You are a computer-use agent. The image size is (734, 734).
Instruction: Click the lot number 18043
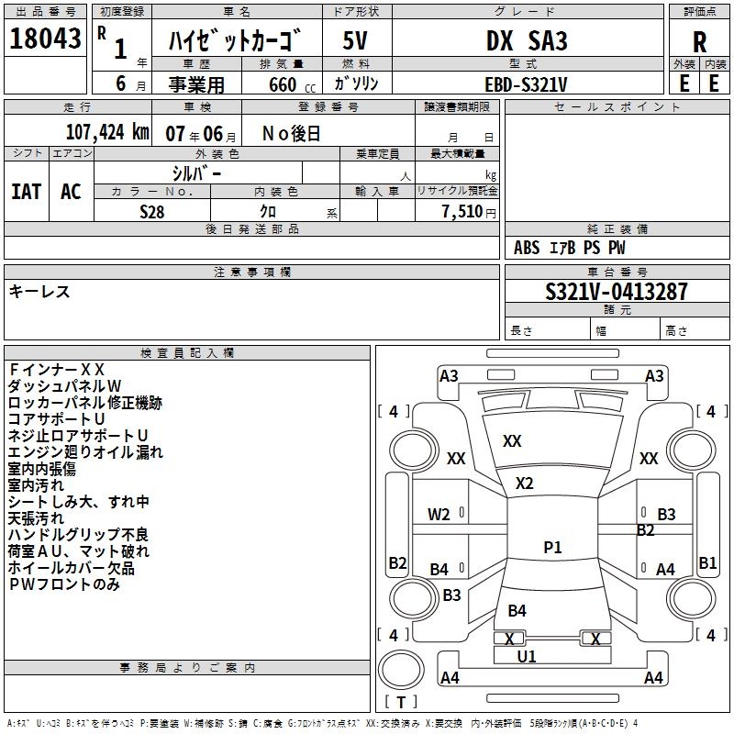point(45,39)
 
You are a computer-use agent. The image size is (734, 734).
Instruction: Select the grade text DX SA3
point(527,41)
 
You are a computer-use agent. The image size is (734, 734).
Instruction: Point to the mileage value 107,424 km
point(107,132)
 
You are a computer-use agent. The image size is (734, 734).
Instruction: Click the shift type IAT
point(26,191)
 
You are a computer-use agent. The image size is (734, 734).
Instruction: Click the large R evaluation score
point(699,41)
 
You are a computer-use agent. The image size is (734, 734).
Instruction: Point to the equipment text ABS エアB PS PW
point(569,248)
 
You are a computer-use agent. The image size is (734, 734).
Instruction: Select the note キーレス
point(39,292)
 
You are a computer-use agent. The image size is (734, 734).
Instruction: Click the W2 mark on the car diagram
point(439,514)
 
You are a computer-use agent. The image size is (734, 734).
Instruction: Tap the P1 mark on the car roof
point(552,548)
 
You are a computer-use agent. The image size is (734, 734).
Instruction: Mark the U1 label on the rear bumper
point(527,657)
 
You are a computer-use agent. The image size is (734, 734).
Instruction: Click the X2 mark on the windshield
point(525,483)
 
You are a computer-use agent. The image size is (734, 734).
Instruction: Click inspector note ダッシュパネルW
point(64,386)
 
